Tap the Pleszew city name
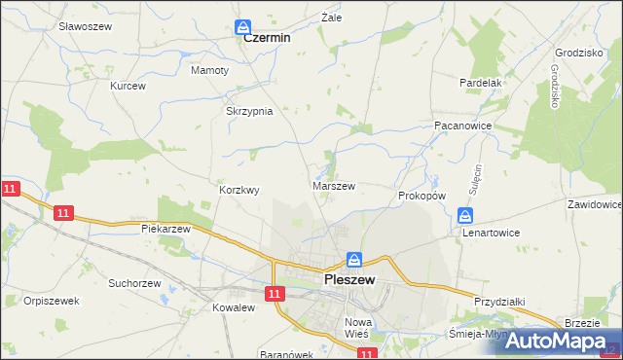click(355, 280)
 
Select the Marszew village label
click(333, 185)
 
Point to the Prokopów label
click(421, 196)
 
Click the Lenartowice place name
click(491, 234)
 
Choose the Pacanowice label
click(461, 126)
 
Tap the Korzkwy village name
click(239, 191)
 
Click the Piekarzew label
click(165, 229)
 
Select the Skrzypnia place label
click(249, 111)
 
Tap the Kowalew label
click(233, 307)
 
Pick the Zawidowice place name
click(594, 205)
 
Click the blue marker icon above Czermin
click(243, 27)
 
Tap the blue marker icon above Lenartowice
click(466, 216)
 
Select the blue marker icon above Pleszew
click(354, 261)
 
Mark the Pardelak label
click(480, 83)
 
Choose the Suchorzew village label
click(134, 284)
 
